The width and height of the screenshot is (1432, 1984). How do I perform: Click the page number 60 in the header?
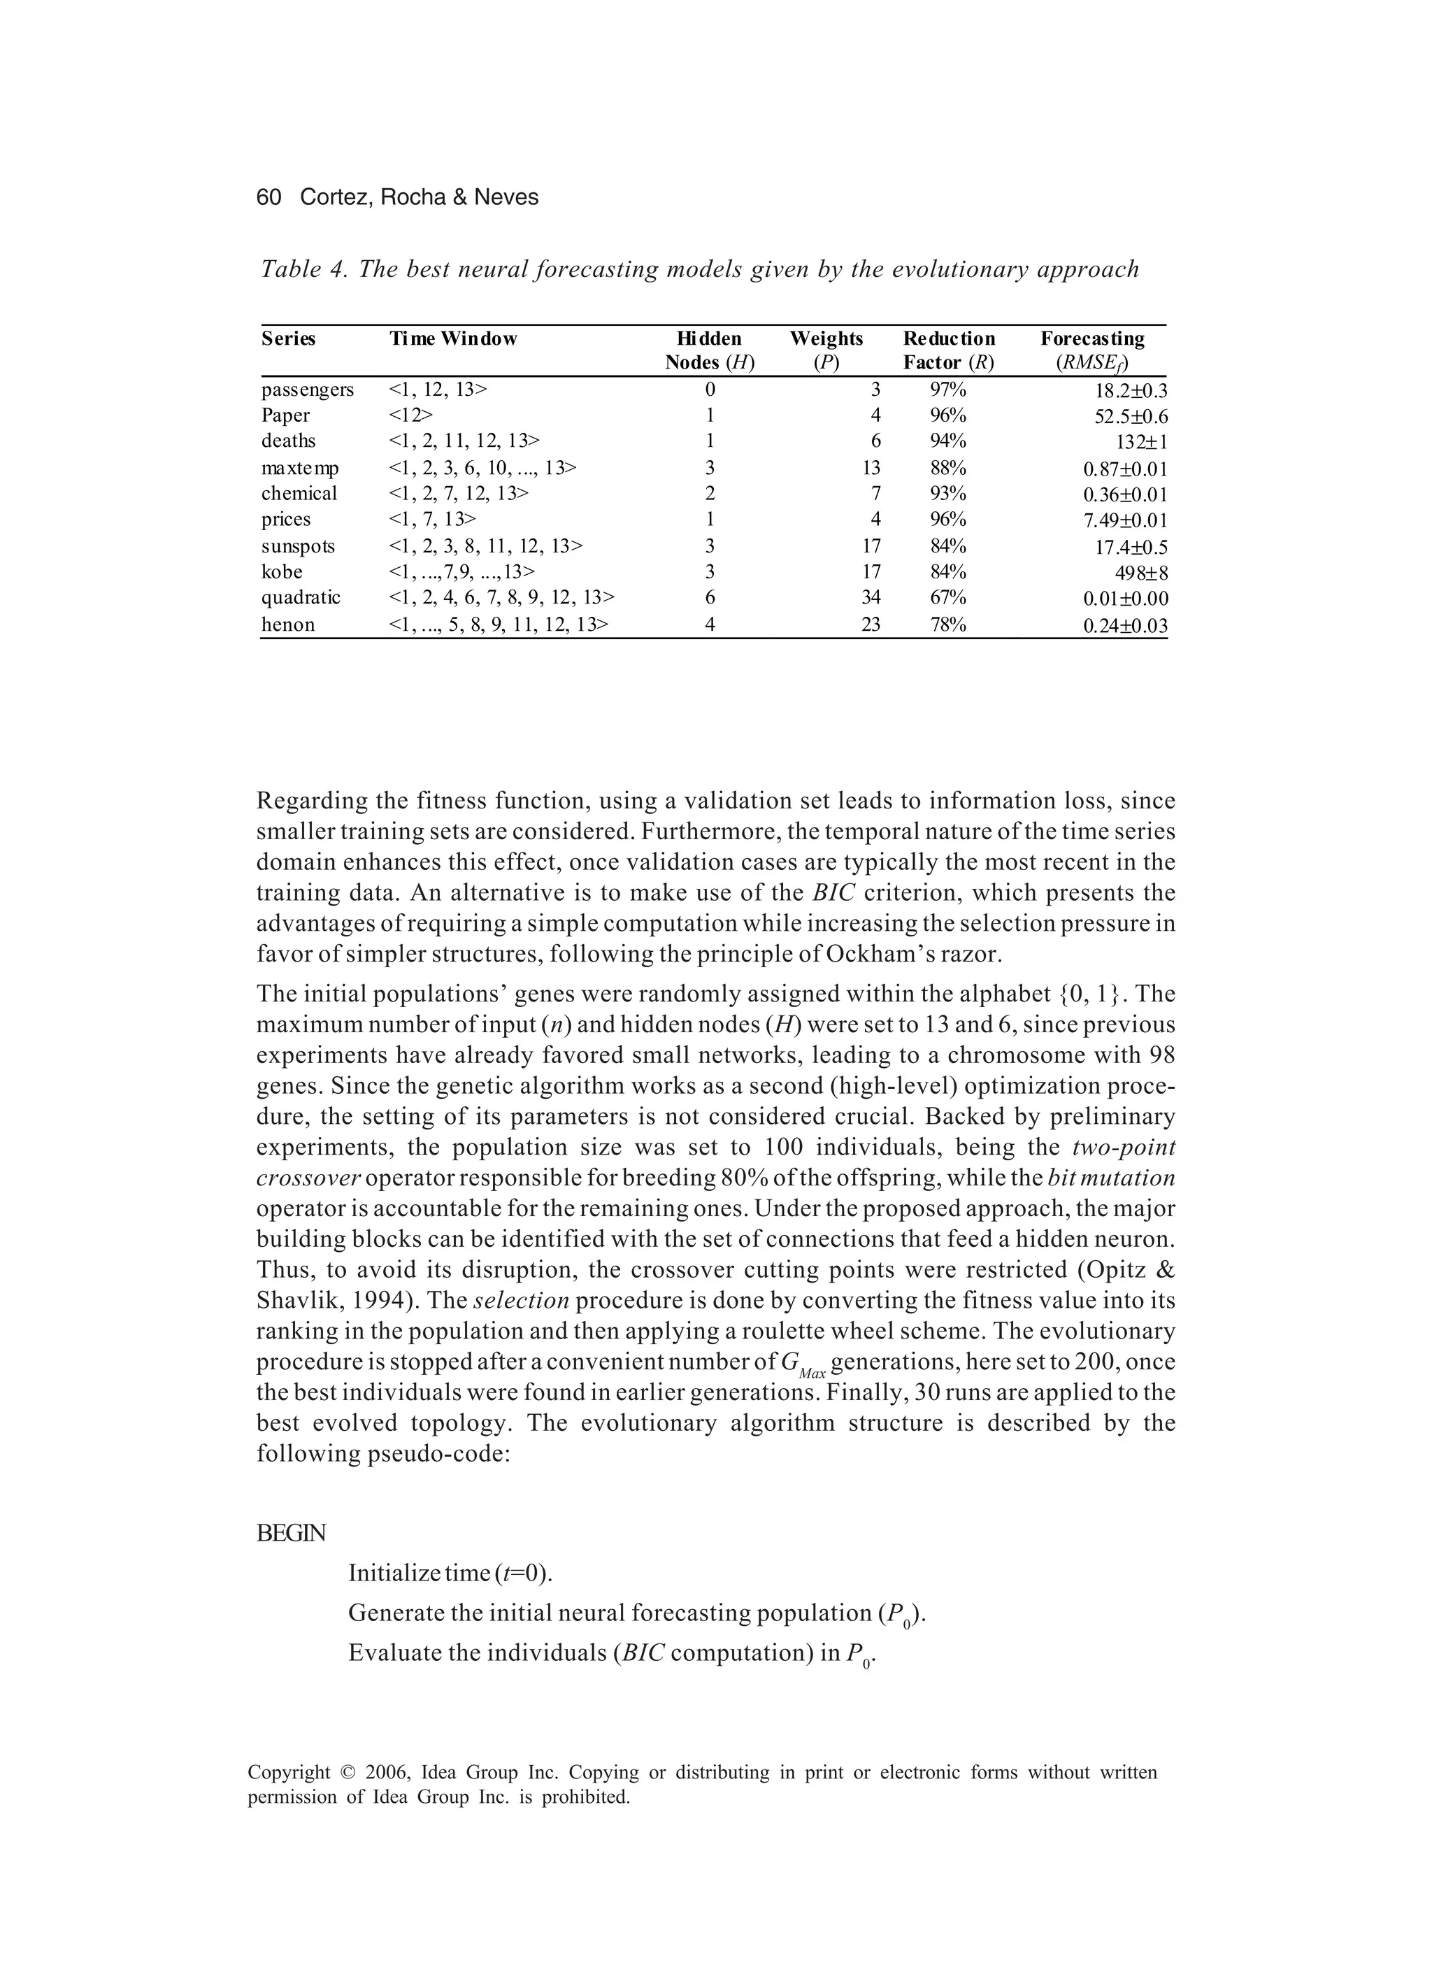coord(268,198)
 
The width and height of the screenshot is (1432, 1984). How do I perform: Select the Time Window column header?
coord(452,338)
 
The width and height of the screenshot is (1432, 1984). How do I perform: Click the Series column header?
coord(288,338)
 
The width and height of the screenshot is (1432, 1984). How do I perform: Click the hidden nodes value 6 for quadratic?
coord(710,597)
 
